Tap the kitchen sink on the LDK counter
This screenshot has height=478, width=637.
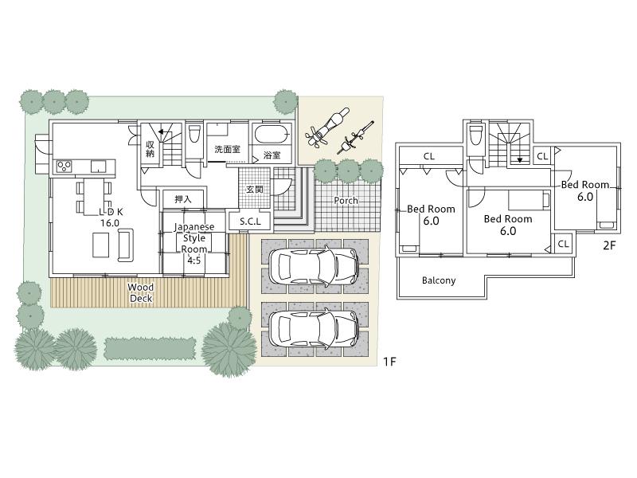tap(98, 167)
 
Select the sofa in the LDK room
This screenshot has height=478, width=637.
tap(125, 249)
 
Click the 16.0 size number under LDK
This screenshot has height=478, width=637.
tap(109, 223)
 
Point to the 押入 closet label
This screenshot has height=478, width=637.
tap(183, 198)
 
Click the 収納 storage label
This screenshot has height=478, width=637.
tap(150, 148)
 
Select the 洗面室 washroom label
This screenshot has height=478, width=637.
tap(227, 149)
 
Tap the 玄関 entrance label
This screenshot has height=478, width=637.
tap(255, 190)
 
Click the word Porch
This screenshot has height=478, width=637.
tap(346, 201)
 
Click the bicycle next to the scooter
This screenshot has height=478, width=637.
tap(358, 136)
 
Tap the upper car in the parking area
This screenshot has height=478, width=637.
tap(313, 265)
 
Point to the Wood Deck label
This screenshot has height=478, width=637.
tap(141, 292)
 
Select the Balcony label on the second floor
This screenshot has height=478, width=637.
tap(439, 280)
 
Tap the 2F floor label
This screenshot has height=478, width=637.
tap(609, 245)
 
